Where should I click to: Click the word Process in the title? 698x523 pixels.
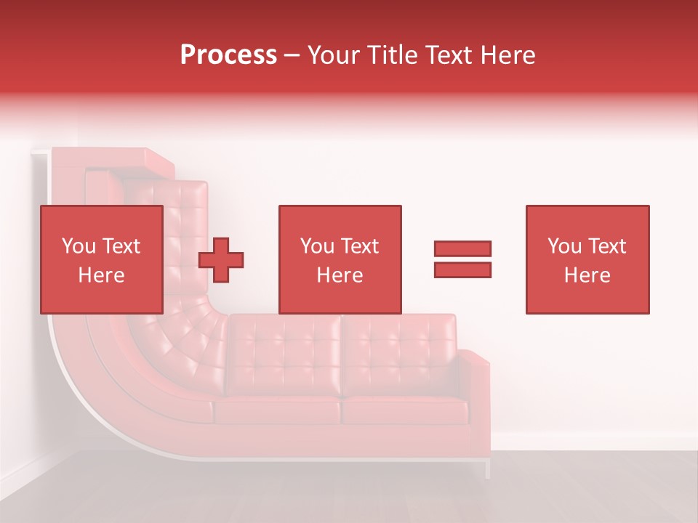click(228, 55)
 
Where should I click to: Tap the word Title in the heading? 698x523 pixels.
click(391, 55)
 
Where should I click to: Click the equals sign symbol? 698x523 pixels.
click(462, 259)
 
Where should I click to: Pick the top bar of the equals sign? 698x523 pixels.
click(462, 249)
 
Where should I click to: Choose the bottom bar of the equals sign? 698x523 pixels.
click(462, 269)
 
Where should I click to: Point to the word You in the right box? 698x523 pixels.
click(564, 246)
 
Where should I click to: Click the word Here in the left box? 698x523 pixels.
click(101, 275)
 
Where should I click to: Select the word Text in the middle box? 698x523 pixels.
click(360, 246)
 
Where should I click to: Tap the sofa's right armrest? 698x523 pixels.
click(476, 392)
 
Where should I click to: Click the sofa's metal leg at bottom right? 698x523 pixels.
click(487, 469)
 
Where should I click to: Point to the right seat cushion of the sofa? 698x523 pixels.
click(404, 410)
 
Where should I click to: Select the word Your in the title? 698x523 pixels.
click(333, 55)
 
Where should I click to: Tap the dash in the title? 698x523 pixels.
click(292, 56)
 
